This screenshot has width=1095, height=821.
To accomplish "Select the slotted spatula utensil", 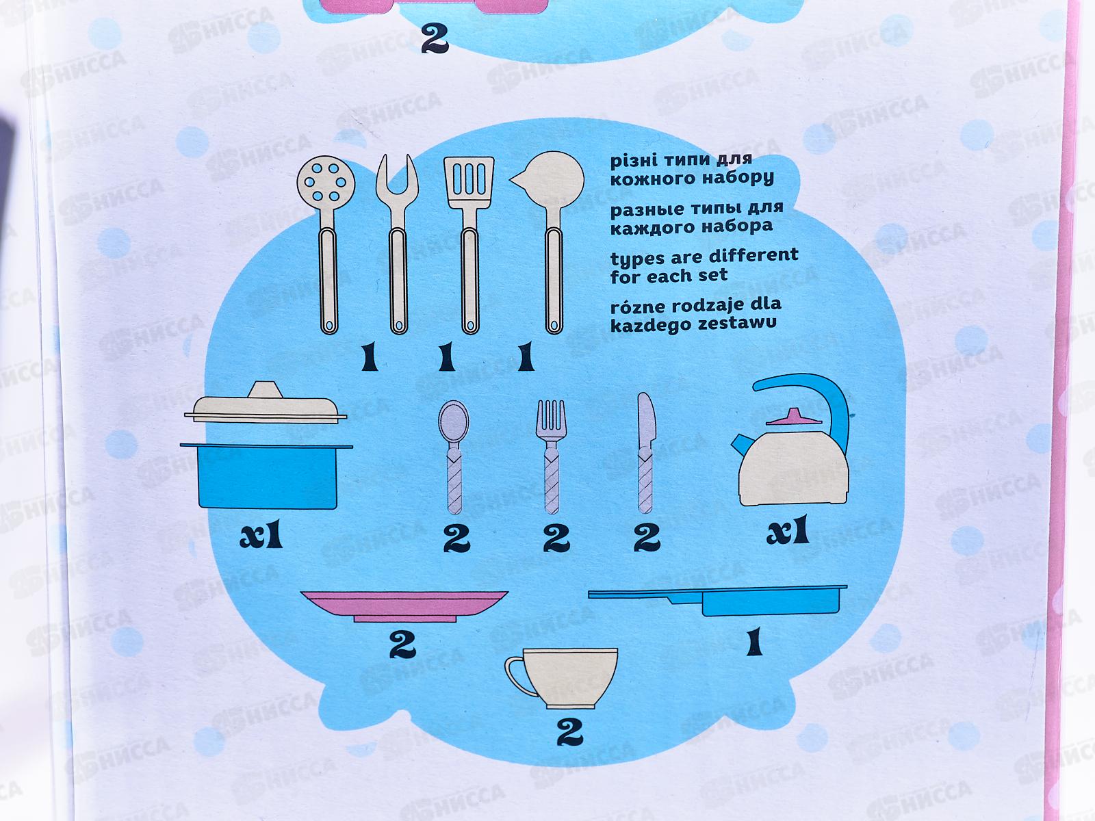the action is point(469,244).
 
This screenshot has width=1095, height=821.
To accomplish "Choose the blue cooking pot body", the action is point(267,476).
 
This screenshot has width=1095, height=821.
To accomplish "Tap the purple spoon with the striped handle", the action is point(454,457).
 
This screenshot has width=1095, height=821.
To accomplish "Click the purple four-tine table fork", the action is point(551,457).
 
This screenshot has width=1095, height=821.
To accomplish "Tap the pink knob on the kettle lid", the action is point(794,417).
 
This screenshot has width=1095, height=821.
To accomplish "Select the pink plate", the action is point(404,606).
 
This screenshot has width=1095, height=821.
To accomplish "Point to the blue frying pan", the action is point(719,600).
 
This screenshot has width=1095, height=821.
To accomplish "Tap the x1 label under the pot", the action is point(261,536).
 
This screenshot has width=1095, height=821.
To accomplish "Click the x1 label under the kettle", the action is point(788,530).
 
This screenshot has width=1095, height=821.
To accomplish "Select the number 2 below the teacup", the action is point(569,732).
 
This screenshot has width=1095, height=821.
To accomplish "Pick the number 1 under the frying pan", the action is point(754,641).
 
